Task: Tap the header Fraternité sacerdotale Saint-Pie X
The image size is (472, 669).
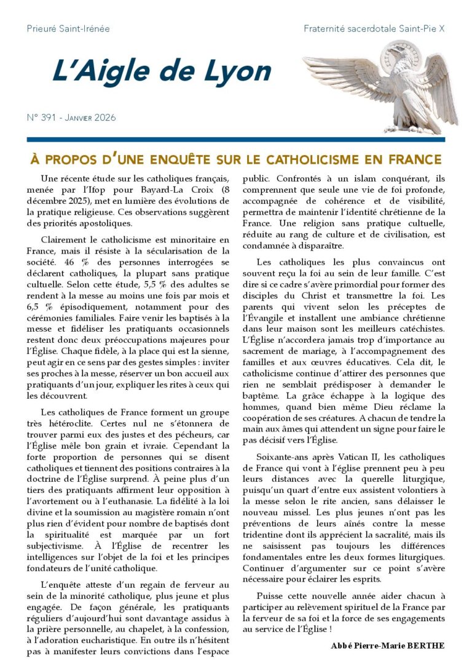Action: coord(374,28)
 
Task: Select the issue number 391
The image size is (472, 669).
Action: coord(51,118)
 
